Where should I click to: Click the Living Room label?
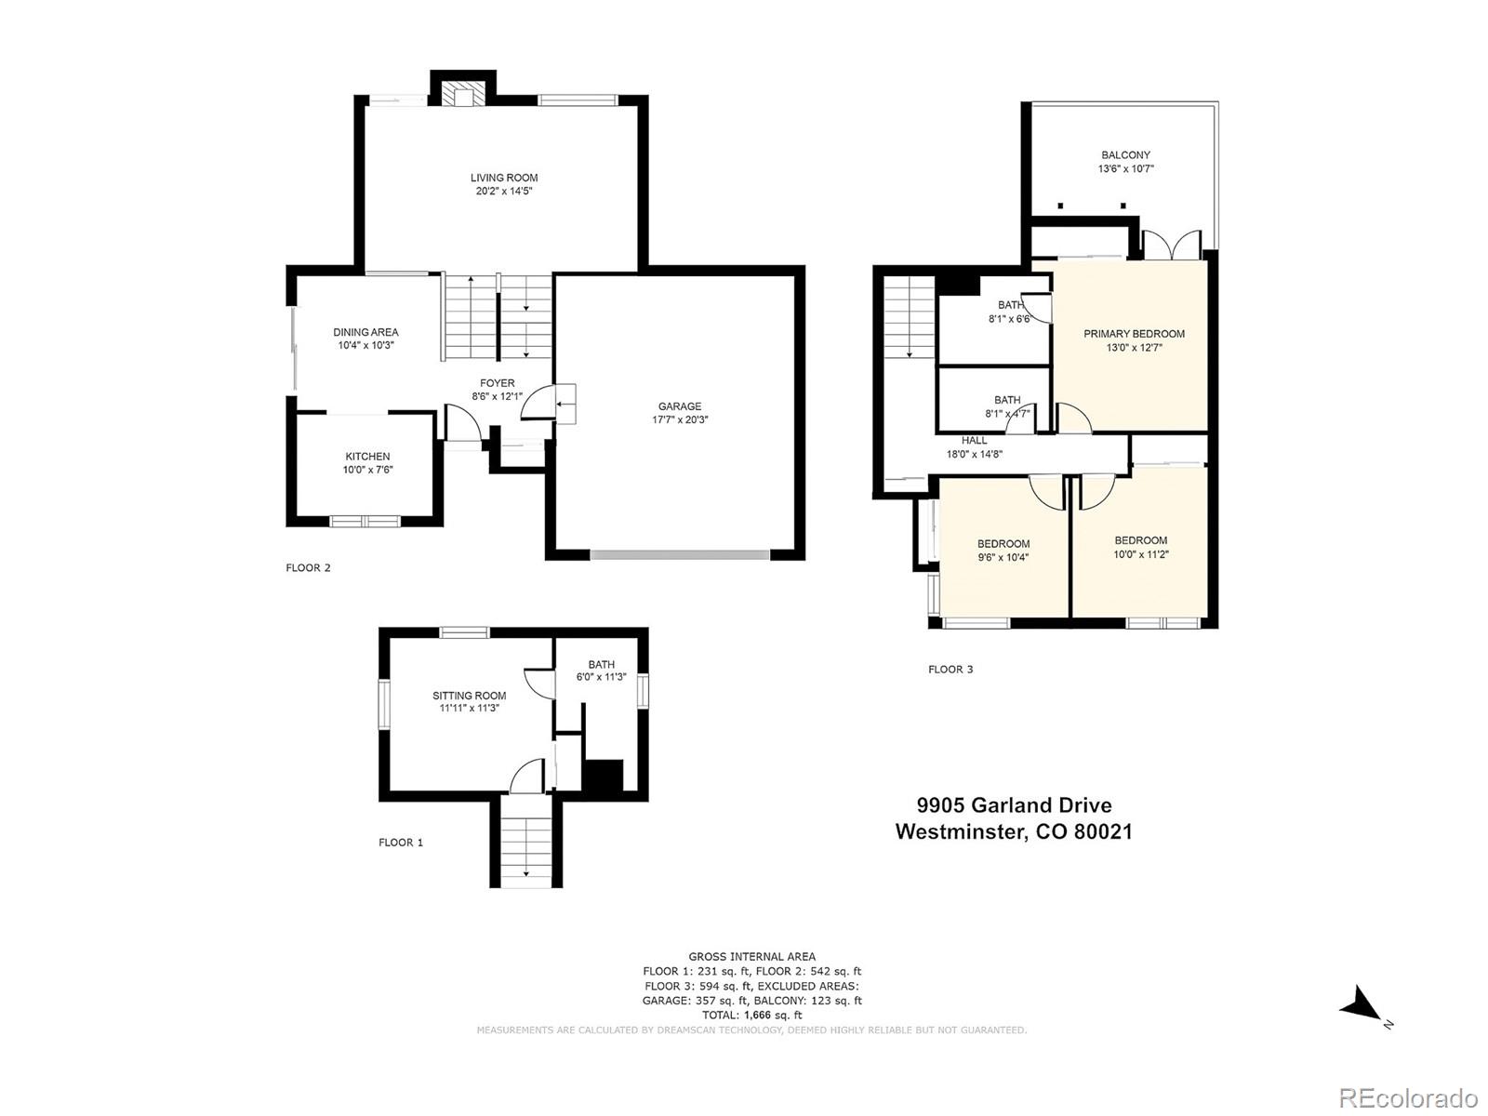tap(503, 178)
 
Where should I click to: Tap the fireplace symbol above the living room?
tap(462, 93)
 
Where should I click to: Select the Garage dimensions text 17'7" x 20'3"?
tap(680, 419)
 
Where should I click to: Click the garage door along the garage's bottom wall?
tap(680, 554)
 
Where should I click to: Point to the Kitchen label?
tap(367, 457)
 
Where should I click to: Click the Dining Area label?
tap(365, 332)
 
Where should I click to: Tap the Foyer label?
tap(497, 383)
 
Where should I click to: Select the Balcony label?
tap(1125, 155)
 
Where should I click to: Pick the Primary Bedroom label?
tap(1134, 334)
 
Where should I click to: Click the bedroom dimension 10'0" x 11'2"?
tap(1140, 554)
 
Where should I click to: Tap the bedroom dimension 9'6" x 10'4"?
tap(1003, 558)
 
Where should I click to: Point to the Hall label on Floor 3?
tap(974, 441)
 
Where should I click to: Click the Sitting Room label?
tap(469, 696)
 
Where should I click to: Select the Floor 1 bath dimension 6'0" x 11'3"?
tap(601, 677)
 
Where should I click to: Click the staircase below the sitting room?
tap(525, 843)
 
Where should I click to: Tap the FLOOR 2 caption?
tap(308, 568)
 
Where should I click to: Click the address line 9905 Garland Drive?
tap(1014, 805)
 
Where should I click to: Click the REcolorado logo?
tap(1408, 1096)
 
